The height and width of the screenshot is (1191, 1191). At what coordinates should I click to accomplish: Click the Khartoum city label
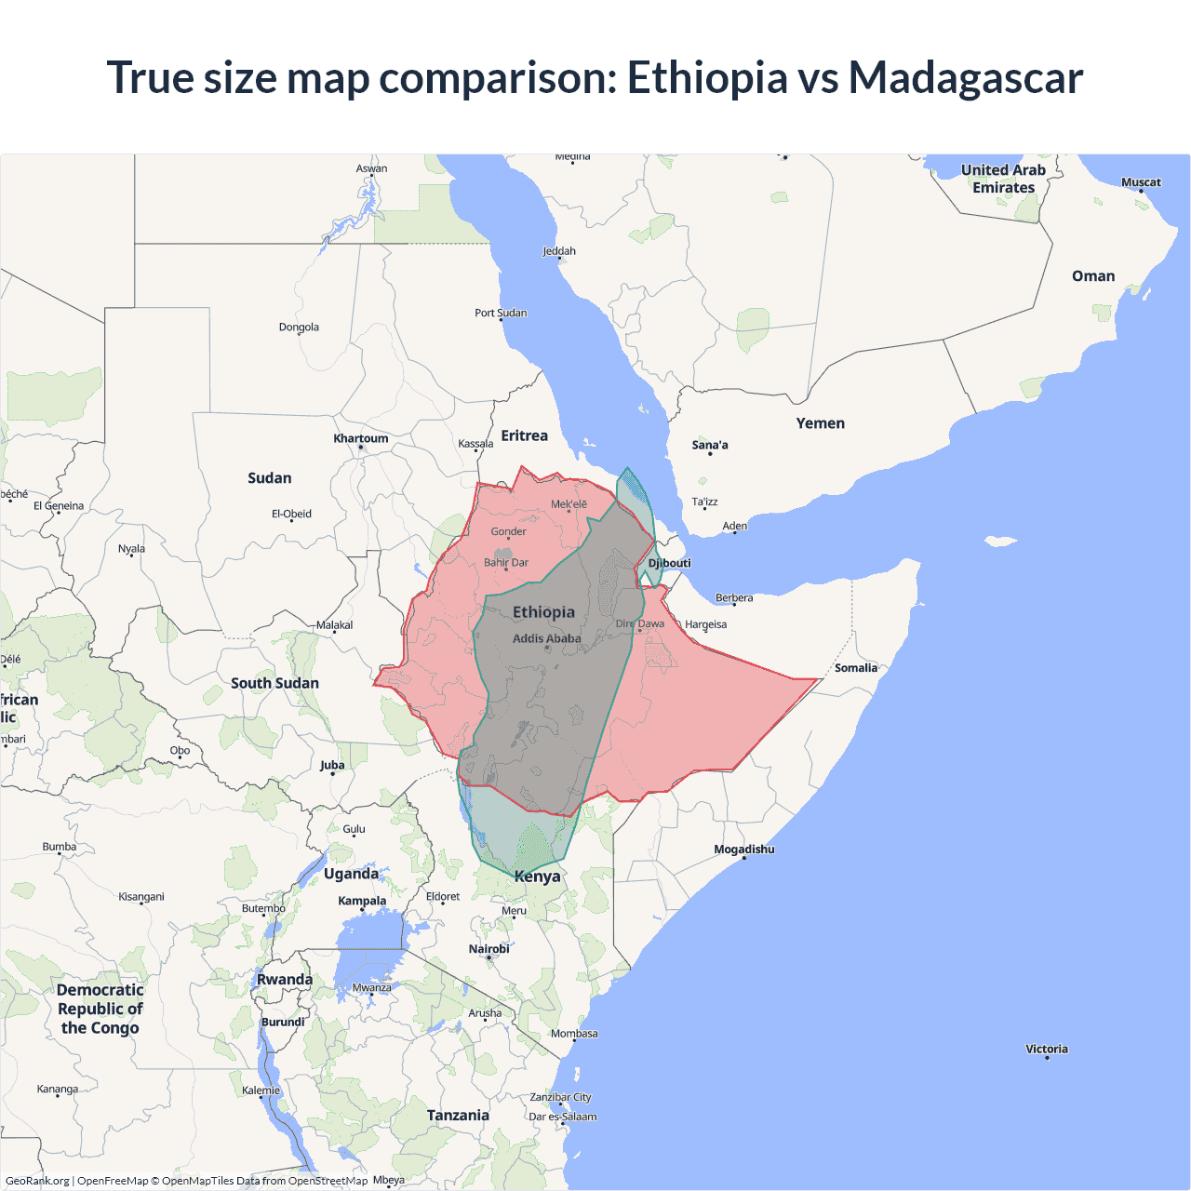[x=361, y=438]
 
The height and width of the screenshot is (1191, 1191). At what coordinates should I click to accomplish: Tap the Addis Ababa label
[x=546, y=638]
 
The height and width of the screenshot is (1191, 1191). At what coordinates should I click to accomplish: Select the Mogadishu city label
[x=743, y=849]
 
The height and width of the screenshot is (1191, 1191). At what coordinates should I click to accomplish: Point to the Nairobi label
[x=488, y=949]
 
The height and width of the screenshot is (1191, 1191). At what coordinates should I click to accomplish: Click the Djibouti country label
[x=670, y=563]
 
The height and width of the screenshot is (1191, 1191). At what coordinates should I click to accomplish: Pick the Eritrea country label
[x=524, y=435]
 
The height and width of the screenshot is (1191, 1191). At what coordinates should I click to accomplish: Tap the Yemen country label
[x=820, y=423]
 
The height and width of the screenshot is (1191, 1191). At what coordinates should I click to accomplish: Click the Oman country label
[x=1092, y=276]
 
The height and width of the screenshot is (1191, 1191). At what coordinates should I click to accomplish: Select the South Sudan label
[x=274, y=683]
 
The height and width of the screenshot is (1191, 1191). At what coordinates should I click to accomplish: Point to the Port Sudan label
[x=501, y=313]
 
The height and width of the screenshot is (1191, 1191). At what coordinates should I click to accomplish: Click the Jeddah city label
[x=559, y=251]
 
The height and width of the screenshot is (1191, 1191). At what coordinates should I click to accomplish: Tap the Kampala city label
[x=362, y=901]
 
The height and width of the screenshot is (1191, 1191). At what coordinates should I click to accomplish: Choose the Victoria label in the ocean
[x=1046, y=1049]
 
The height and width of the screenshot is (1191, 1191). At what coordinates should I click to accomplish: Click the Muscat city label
[x=1141, y=182]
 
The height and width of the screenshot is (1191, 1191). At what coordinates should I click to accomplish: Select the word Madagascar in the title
[x=965, y=77]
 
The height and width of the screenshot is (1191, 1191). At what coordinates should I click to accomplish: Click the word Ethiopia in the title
[x=706, y=77]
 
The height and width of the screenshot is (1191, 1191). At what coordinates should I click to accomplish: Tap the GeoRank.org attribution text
[x=37, y=1181]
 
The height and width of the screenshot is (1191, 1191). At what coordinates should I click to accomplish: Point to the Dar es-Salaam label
[x=563, y=1117]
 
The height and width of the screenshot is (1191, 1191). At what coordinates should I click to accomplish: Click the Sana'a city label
[x=710, y=445]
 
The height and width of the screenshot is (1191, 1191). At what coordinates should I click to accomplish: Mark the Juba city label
[x=332, y=766]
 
